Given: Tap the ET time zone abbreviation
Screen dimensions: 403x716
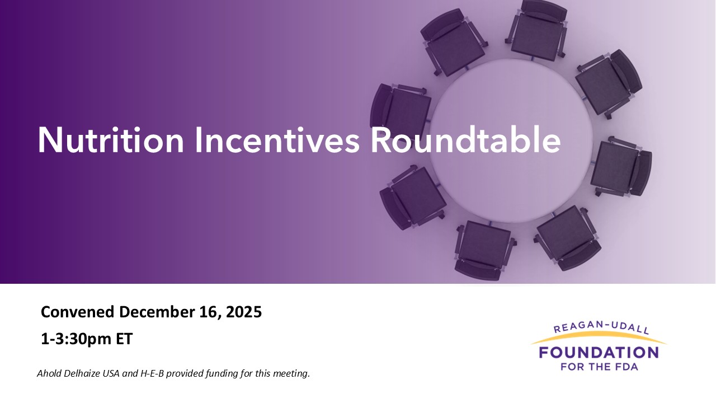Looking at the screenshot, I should click(123, 339).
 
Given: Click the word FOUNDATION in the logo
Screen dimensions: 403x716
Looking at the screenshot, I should click(598, 353).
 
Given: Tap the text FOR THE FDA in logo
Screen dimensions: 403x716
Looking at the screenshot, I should click(599, 367).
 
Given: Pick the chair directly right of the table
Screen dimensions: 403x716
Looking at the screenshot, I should click(619, 167).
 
